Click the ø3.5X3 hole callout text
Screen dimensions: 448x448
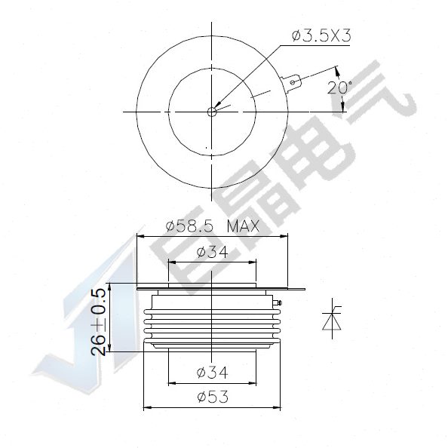pos(321,36)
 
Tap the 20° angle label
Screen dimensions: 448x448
pos(339,87)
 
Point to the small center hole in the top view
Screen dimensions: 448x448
pos(212,112)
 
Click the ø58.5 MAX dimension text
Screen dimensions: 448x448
pos(212,226)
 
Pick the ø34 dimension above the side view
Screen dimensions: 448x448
pos(212,252)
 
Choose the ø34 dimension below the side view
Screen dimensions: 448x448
pos(212,372)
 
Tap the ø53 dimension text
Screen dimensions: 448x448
pos(212,397)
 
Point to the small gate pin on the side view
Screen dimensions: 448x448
pos(280,305)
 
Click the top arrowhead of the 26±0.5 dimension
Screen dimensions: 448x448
pos(111,287)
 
